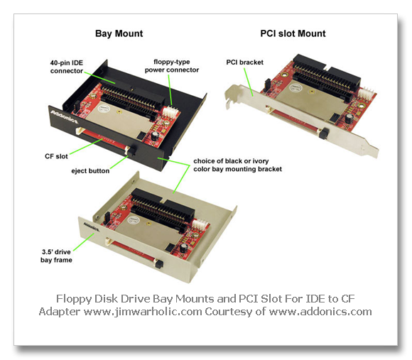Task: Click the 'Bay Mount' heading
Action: tap(119, 34)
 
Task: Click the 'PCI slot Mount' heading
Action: tap(293, 33)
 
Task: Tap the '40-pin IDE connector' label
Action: tap(67, 67)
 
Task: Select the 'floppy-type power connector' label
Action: tap(172, 66)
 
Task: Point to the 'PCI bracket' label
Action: tap(244, 62)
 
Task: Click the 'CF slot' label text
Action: tap(56, 156)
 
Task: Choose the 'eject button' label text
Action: tap(90, 171)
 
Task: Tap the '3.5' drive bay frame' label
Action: tap(56, 256)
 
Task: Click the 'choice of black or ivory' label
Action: tap(231, 161)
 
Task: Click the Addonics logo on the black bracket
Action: tap(64, 117)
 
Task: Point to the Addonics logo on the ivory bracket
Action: tap(92, 227)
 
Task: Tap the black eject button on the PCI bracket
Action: tap(323, 133)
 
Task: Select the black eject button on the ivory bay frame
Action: tap(158, 263)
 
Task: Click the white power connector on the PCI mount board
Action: tap(366, 92)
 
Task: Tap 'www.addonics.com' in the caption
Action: tap(320, 312)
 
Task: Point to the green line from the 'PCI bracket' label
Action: tap(249, 82)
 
